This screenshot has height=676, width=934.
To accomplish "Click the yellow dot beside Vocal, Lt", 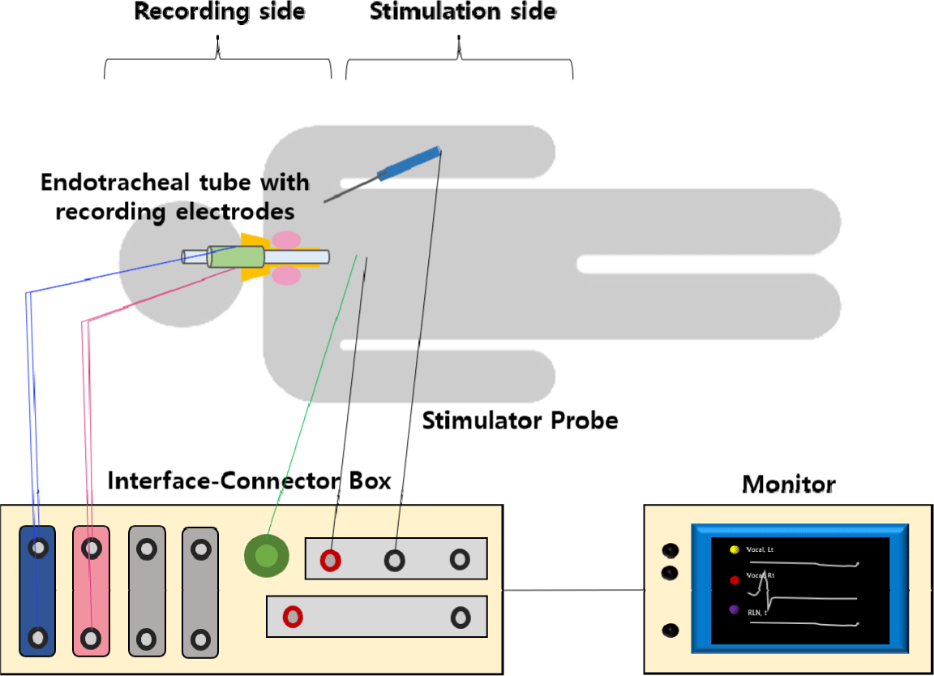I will click(735, 549).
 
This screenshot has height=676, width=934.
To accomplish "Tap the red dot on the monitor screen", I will click(735, 580).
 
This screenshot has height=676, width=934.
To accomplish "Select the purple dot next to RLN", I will click(735, 609).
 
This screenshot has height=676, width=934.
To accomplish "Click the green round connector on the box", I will click(267, 556).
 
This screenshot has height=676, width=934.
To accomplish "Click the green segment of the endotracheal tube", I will click(236, 256).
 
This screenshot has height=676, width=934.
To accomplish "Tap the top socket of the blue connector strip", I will click(38, 549).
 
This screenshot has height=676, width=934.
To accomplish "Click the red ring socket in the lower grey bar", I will click(293, 617).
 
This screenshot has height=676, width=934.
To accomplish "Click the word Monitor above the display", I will click(788, 485).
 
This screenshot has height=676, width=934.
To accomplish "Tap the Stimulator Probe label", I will click(520, 421).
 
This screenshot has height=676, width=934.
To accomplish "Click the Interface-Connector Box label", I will click(249, 481).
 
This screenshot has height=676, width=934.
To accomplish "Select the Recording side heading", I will click(218, 12).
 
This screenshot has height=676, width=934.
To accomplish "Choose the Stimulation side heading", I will click(463, 12).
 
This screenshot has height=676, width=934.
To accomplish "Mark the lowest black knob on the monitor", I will click(671, 630).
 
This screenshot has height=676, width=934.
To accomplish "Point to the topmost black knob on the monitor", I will click(671, 551).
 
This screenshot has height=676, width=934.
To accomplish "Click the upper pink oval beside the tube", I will click(285, 239).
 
